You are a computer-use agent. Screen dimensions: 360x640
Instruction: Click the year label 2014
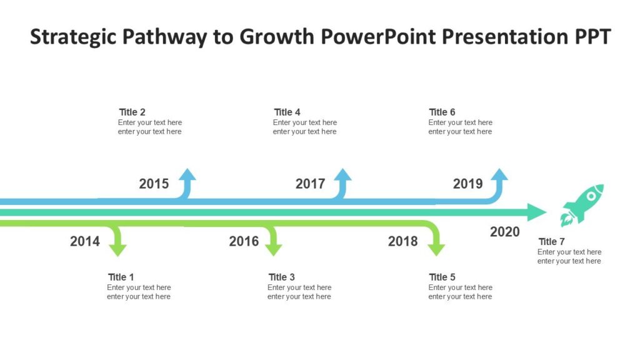85,241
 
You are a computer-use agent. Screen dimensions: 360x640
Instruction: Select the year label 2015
154,184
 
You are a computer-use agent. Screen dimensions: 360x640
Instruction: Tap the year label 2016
244,241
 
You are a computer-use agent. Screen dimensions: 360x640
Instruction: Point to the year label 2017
310,184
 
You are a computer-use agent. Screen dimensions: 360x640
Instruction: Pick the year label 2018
402,241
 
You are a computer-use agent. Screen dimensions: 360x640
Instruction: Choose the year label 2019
467,184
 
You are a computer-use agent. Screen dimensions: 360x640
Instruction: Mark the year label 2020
504,232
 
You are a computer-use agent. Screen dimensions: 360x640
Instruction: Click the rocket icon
582,204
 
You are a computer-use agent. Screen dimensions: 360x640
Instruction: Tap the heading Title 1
121,277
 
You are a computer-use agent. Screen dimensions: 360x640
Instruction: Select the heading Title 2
132,112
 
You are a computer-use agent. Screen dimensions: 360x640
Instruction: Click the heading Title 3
281,277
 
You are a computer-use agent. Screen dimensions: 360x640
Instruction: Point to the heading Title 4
287,112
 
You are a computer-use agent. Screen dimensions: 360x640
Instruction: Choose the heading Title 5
442,277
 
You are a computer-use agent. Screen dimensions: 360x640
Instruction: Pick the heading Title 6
442,112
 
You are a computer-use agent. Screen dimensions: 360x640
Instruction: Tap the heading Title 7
551,241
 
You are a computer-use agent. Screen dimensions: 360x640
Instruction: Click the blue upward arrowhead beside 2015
187,175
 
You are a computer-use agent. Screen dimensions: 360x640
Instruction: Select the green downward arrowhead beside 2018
436,249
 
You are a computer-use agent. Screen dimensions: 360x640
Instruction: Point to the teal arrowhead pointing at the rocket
536,212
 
